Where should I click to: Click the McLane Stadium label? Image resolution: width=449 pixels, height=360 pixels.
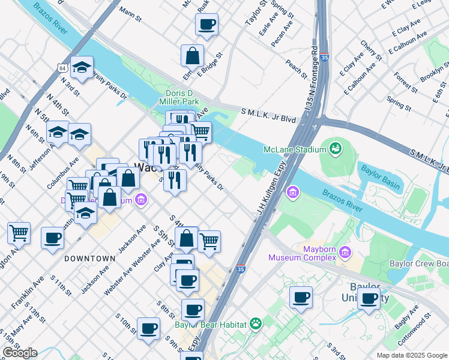[x=293, y=149]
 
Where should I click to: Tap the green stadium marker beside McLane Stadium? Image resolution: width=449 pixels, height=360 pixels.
[x=336, y=147]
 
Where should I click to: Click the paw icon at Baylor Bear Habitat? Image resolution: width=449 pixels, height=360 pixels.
[x=256, y=324]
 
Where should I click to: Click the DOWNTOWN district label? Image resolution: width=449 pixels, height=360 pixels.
[x=89, y=258]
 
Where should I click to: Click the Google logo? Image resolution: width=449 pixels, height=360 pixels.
[x=20, y=353]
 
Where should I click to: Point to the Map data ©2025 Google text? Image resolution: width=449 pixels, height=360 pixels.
[x=411, y=355]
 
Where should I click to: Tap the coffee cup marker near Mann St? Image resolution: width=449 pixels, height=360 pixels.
[x=206, y=25]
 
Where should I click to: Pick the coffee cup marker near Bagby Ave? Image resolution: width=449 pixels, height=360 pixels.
[x=369, y=298]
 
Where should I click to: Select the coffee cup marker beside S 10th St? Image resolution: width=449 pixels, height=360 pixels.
[x=148, y=328]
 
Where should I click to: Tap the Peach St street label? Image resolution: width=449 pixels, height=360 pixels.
[x=296, y=67]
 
